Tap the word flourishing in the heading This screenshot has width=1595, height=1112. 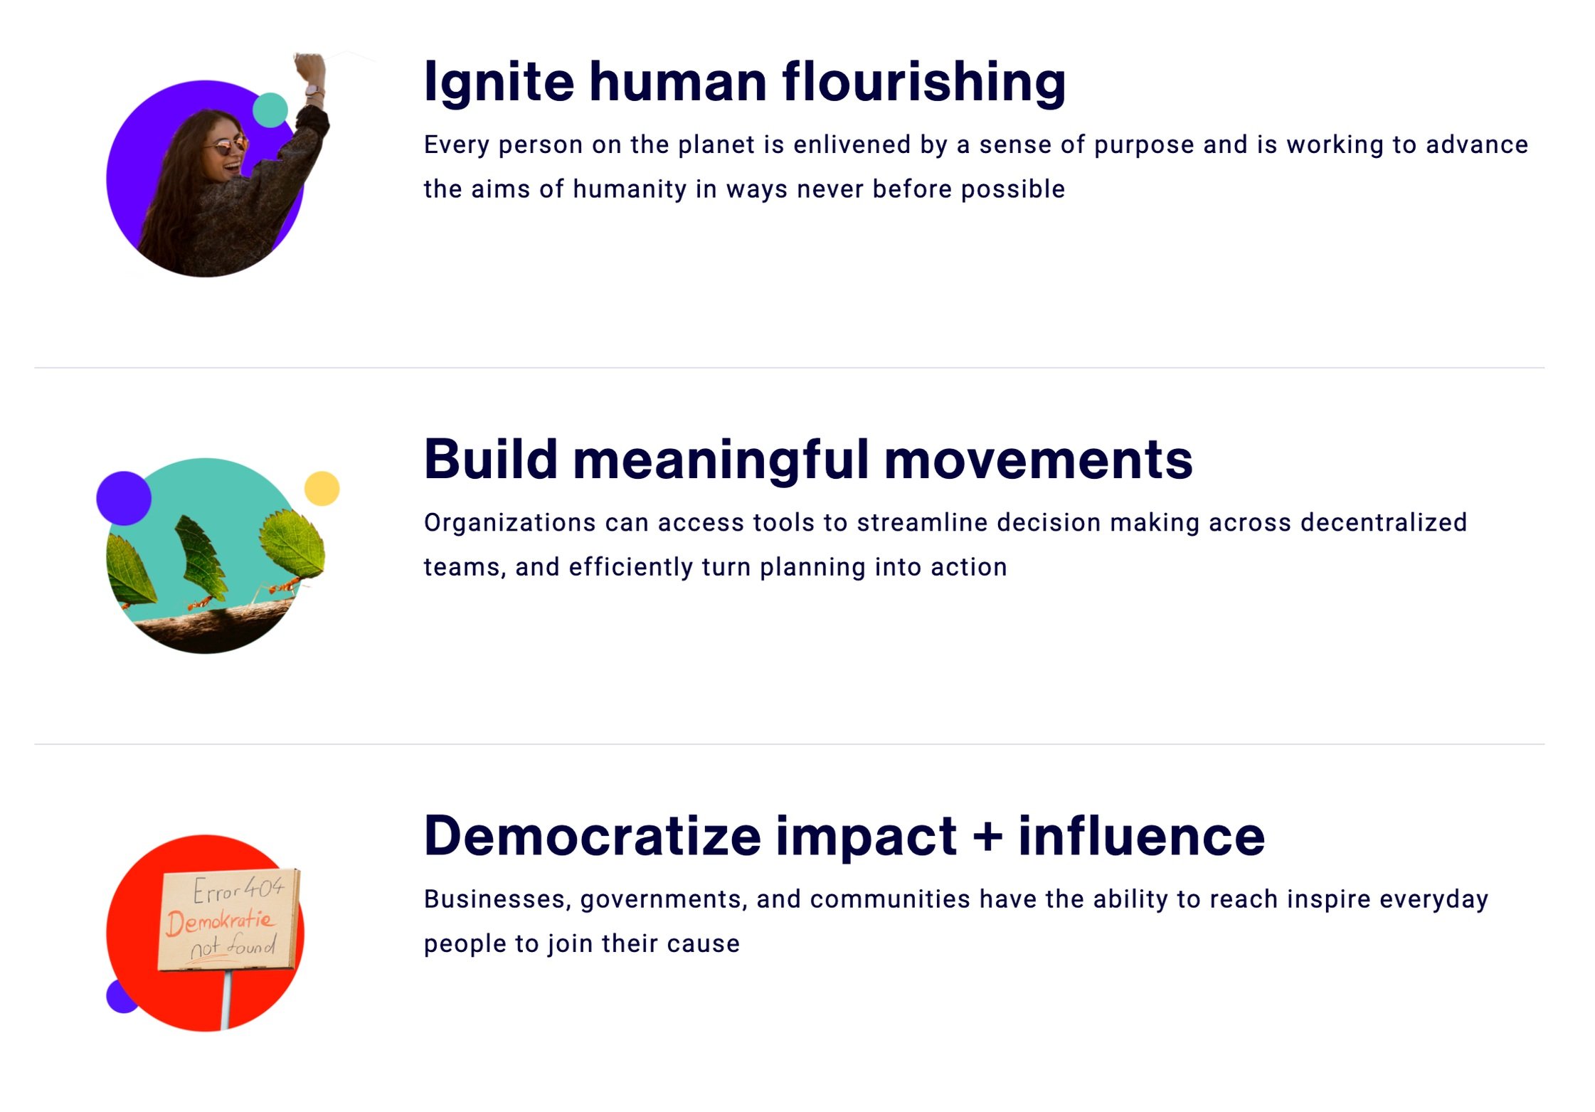[x=924, y=83]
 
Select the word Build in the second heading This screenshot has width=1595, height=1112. [x=491, y=459]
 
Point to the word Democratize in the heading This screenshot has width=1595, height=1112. [x=593, y=835]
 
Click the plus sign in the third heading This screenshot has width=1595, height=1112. [x=987, y=837]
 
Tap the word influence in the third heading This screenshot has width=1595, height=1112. [x=1141, y=835]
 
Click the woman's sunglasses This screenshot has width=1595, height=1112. [x=228, y=147]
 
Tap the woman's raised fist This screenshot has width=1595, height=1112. [x=309, y=68]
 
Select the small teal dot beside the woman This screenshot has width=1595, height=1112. [x=270, y=110]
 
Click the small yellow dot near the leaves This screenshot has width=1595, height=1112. [x=322, y=489]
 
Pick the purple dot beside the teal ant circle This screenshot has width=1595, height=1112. [x=124, y=498]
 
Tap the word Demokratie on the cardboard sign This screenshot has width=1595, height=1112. [x=221, y=922]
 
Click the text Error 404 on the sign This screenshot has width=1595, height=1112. [x=238, y=889]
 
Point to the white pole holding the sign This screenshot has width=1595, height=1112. [x=226, y=1000]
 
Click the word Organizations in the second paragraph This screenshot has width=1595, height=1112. [x=509, y=524]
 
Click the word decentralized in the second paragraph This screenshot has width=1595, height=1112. [x=1384, y=522]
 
